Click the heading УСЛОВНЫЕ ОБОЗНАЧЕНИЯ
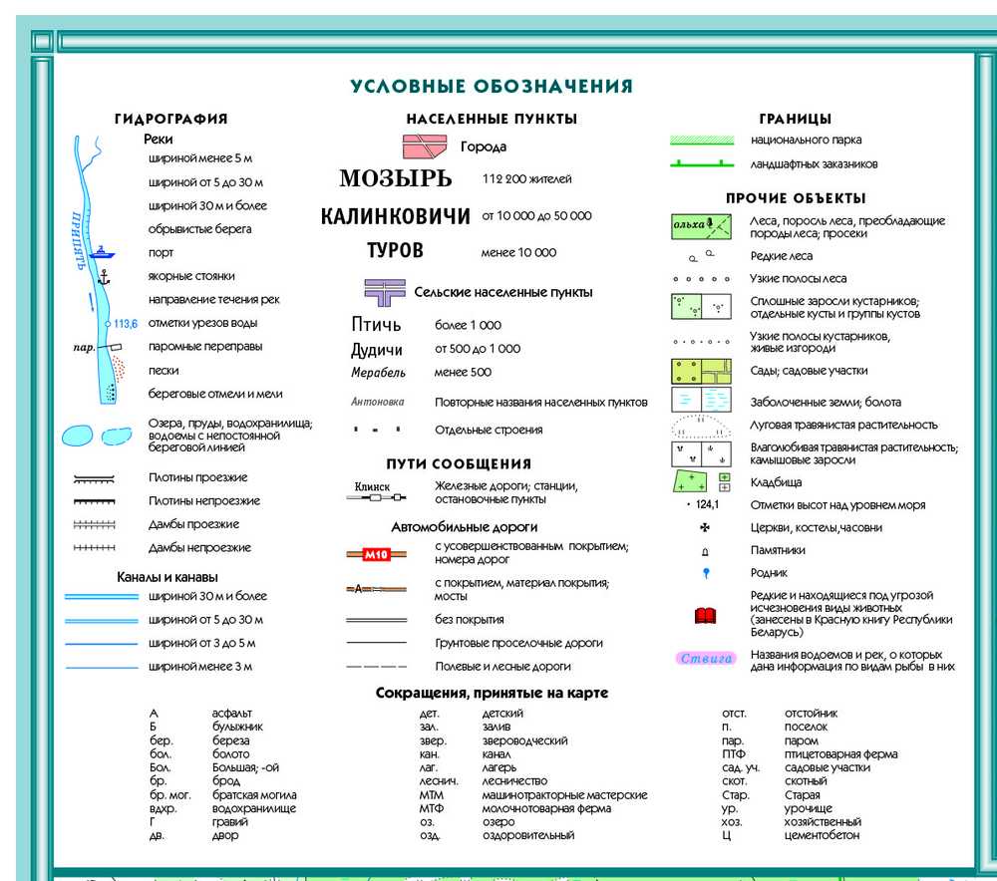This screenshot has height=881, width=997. [x=492, y=87]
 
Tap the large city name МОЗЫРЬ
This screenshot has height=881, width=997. [x=396, y=179]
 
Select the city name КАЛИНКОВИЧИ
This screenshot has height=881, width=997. [x=396, y=216]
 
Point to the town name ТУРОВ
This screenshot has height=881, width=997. [x=395, y=251]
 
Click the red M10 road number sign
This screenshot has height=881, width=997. [x=376, y=555]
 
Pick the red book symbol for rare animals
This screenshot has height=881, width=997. [x=706, y=616]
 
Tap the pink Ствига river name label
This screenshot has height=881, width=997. [x=706, y=658]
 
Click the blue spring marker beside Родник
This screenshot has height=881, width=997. [x=706, y=573]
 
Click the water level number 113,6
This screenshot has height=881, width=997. [x=126, y=323]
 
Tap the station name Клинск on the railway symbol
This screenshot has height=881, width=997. [x=372, y=486]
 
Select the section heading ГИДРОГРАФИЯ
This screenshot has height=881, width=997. [x=170, y=119]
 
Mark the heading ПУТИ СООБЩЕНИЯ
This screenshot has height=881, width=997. [x=459, y=464]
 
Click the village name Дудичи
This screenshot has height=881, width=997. [x=377, y=349]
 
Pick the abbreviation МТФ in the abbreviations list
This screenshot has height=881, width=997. [x=431, y=809]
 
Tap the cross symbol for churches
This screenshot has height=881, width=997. [x=705, y=527]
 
